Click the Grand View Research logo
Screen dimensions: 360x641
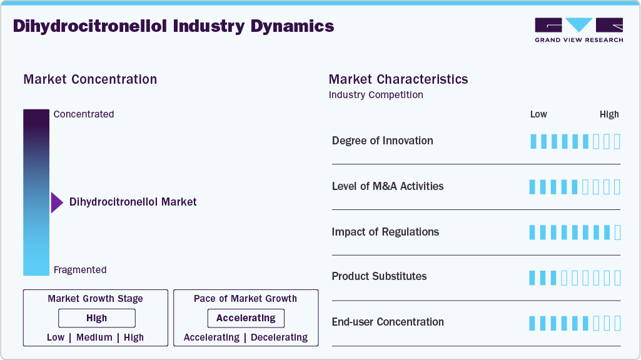pyautogui.click(x=578, y=30)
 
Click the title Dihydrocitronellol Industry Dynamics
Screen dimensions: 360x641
pyautogui.click(x=174, y=26)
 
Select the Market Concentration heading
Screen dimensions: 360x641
pyautogui.click(x=90, y=79)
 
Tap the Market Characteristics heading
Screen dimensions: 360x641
pyautogui.click(x=398, y=79)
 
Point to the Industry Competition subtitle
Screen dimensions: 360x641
pyautogui.click(x=376, y=95)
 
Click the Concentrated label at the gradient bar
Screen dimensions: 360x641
pyautogui.click(x=84, y=114)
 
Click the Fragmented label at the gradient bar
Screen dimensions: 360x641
pyautogui.click(x=80, y=270)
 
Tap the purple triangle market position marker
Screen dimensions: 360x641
pyautogui.click(x=56, y=202)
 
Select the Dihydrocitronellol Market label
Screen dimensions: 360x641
pyautogui.click(x=133, y=202)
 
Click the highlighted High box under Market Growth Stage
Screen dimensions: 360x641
pyautogui.click(x=97, y=318)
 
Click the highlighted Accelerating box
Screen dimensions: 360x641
pyautogui.click(x=246, y=318)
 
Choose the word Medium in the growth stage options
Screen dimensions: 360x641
pyautogui.click(x=94, y=337)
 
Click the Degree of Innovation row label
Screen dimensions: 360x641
pyautogui.click(x=383, y=141)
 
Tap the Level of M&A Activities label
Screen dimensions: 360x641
pyautogui.click(x=388, y=186)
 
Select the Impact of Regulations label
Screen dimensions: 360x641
pyautogui.click(x=385, y=232)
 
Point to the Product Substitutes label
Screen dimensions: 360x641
pyautogui.click(x=380, y=276)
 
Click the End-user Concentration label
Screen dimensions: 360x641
pyautogui.click(x=388, y=322)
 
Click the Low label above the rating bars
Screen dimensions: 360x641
pyautogui.click(x=538, y=114)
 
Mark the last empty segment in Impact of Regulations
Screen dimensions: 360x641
pyautogui.click(x=618, y=232)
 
